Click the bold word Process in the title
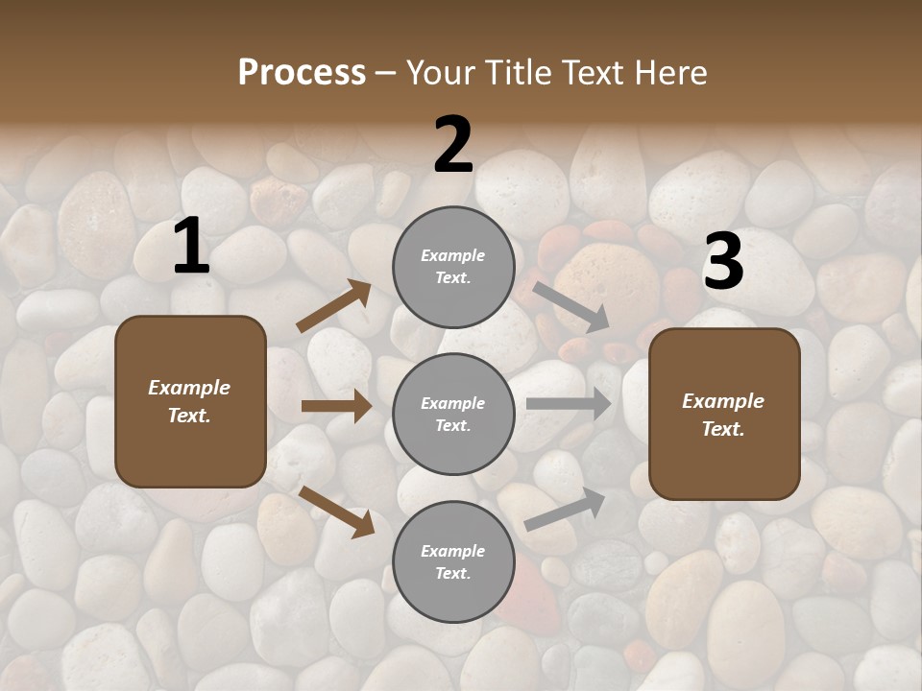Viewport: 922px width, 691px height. pos(302,73)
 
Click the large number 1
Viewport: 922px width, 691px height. pos(191,248)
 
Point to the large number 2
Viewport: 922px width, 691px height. pos(453,145)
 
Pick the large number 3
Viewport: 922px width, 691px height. pos(724,262)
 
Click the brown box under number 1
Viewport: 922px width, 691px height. pos(190,401)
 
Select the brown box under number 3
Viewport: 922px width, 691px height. pos(724,415)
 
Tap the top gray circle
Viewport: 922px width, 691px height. pos(453,267)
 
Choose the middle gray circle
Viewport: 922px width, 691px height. pos(453,415)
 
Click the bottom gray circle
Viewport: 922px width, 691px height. pos(453,562)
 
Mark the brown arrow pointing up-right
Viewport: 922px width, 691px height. pos(334,306)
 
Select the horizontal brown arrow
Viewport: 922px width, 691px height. pos(336,406)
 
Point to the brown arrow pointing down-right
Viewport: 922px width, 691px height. pos(336,511)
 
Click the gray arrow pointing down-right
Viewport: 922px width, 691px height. pos(571,306)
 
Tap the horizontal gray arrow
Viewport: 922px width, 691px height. pos(569,404)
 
